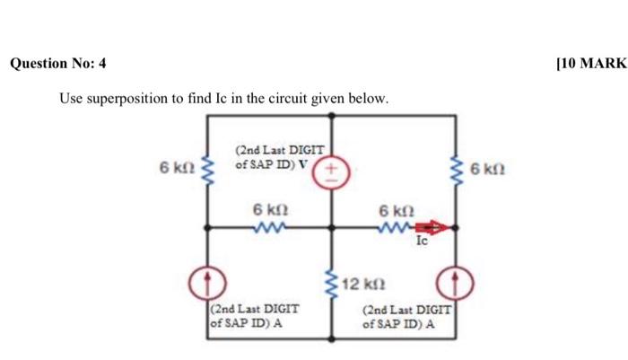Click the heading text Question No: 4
[57, 64]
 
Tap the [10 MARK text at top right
[589, 64]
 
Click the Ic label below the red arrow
[423, 241]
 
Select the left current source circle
[206, 284]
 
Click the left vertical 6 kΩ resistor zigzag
[207, 167]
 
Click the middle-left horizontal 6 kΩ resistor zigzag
[268, 228]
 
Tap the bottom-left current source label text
[252, 315]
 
